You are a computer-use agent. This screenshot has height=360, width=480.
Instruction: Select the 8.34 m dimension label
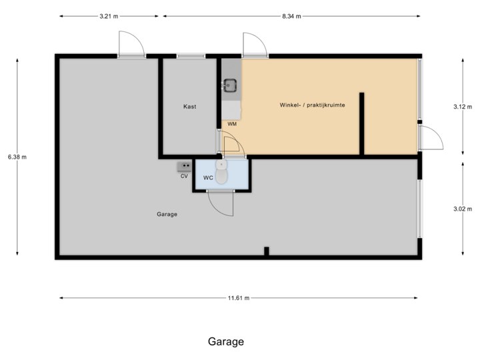pos(292,15)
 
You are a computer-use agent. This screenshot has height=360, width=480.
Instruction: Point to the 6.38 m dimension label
pos(17,157)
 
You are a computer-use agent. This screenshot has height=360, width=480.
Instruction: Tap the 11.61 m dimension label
pos(239,299)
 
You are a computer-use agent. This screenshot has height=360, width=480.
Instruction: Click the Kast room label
pos(190,107)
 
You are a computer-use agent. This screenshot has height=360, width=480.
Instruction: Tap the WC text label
pos(207,177)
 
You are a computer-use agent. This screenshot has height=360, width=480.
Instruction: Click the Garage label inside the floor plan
pos(166,214)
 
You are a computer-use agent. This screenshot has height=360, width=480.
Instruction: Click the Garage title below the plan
pos(225,342)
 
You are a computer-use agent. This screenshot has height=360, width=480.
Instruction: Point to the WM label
pos(231,124)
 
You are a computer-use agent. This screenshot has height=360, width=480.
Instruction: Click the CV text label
pos(184,176)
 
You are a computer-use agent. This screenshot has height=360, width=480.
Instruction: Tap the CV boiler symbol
pos(185,166)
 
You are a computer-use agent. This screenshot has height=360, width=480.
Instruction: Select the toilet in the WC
pos(221,172)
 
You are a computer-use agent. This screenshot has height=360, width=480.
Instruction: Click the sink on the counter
pos(230,85)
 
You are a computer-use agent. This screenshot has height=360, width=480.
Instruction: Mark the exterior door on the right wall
pos(430,138)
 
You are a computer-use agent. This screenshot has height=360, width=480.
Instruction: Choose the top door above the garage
pos(131,43)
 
